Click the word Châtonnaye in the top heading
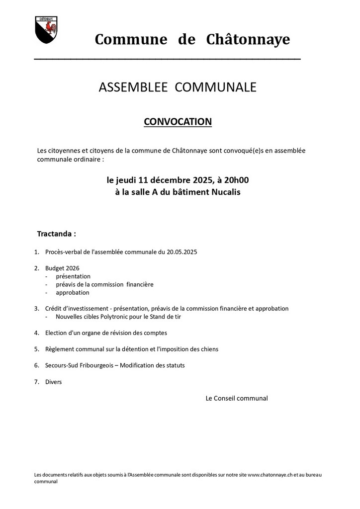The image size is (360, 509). (248, 39)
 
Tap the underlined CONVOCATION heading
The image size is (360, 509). (178, 122)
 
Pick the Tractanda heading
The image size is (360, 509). (57, 233)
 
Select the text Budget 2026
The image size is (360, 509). (62, 268)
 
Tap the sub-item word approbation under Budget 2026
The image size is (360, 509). (73, 293)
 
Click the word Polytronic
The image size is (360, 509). (119, 317)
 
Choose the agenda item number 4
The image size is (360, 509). (37, 333)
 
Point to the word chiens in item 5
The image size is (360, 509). (208, 349)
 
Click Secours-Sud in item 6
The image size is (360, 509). (63, 365)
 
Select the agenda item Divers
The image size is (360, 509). (54, 382)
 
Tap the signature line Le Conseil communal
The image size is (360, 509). (237, 398)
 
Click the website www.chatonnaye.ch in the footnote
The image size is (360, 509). (270, 475)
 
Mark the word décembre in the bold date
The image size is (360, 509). (172, 180)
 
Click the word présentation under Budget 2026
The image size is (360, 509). (73, 276)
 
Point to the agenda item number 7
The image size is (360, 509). (37, 382)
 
